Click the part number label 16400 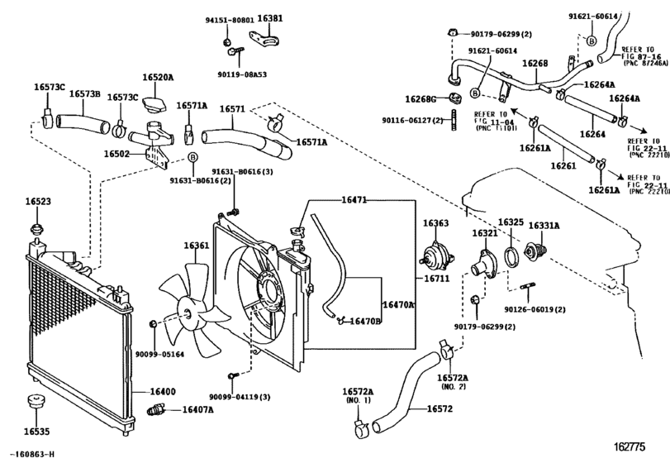tap(162, 390)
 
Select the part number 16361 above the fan tap(196, 246)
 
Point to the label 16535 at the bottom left tap(37, 431)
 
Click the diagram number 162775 tap(638, 447)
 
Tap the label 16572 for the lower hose tap(440, 409)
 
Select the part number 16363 tap(436, 223)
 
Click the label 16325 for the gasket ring tap(511, 223)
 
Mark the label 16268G tap(420, 99)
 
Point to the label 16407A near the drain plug tap(198, 409)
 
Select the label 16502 tap(117, 154)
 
